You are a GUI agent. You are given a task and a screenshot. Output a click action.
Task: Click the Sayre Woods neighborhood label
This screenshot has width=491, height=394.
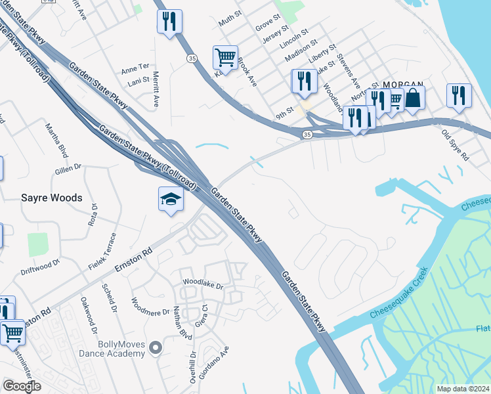(52, 198)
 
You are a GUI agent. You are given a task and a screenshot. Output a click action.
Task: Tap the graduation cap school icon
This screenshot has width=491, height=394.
(170, 198)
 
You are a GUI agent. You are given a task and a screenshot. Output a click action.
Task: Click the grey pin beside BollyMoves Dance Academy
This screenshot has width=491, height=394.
(156, 347)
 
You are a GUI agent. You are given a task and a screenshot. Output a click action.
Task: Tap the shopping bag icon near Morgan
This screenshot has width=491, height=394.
(413, 98)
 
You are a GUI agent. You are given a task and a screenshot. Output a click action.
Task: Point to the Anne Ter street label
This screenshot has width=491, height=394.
(136, 68)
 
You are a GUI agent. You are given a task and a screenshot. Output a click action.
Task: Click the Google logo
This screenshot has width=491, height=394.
(22, 386)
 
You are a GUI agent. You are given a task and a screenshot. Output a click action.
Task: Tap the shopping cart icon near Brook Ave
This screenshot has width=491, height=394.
(225, 57)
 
